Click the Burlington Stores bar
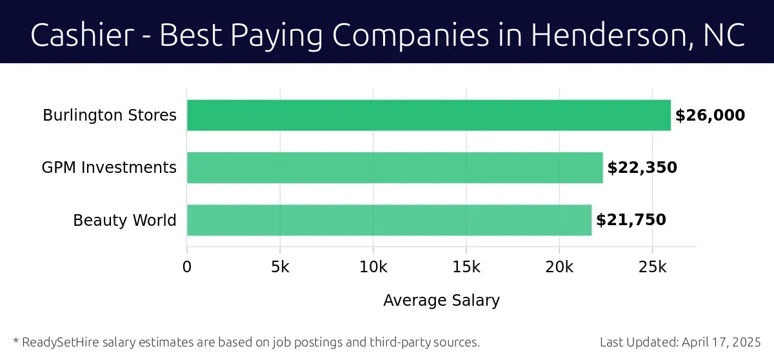pyautogui.click(x=428, y=115)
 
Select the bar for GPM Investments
pyautogui.click(x=395, y=168)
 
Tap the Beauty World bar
pyautogui.click(x=389, y=220)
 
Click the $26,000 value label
pyautogui.click(x=710, y=115)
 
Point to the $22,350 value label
pyautogui.click(x=642, y=168)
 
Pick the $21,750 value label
pyautogui.click(x=631, y=220)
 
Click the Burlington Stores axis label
pyautogui.click(x=110, y=115)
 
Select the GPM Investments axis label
pyautogui.click(x=109, y=168)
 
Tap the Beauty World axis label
pyautogui.click(x=124, y=220)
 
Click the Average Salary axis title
pyautogui.click(x=441, y=301)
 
